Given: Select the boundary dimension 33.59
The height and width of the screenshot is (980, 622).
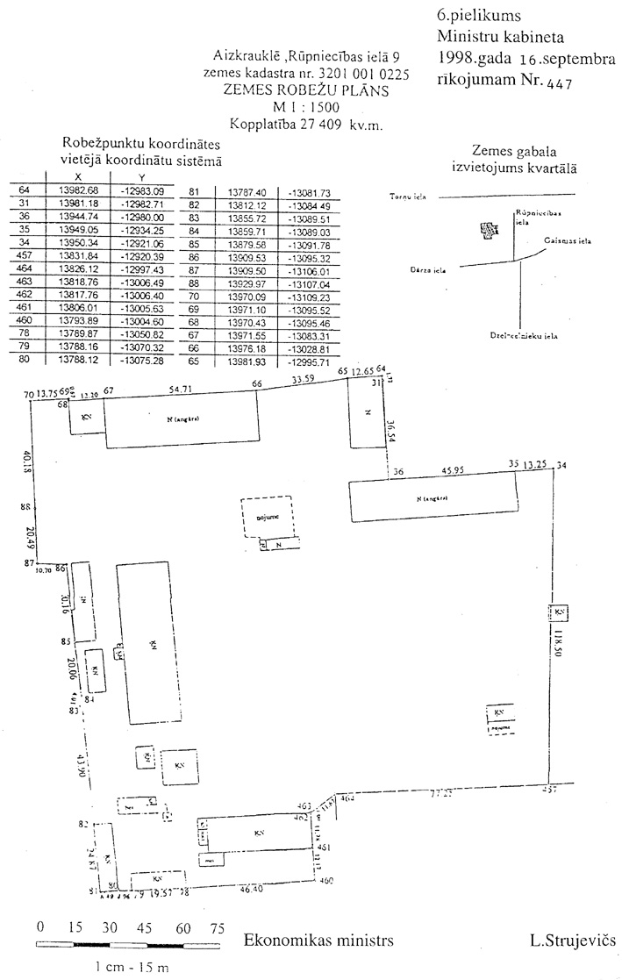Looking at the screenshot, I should click(x=303, y=381).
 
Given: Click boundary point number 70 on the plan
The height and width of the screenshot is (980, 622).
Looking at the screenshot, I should click(x=29, y=397).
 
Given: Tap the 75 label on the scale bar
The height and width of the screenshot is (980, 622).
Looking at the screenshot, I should click(x=216, y=927).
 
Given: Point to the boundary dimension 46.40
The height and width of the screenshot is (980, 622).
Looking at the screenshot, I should click(x=251, y=890).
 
